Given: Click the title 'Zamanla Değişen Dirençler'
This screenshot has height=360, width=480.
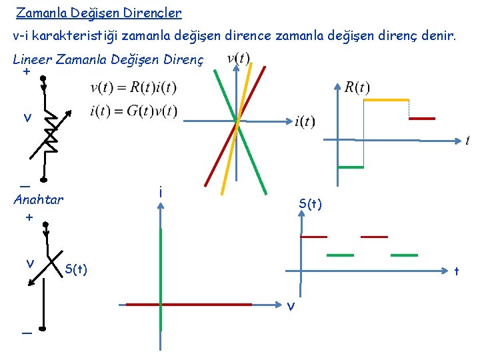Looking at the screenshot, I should (x=99, y=13).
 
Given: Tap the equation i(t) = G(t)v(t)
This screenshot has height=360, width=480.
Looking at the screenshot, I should (x=133, y=111).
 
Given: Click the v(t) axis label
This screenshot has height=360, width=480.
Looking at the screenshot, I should (x=238, y=59).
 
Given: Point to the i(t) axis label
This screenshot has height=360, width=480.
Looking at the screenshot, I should (x=304, y=121).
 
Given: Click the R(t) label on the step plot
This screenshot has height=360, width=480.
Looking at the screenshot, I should (x=357, y=87).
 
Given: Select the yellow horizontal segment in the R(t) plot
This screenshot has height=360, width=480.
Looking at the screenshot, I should (x=385, y=100).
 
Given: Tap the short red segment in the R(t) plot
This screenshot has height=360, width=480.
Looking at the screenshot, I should (x=421, y=119).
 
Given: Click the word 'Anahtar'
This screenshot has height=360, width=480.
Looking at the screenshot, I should (x=39, y=199).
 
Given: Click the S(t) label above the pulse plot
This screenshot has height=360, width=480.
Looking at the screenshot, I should (x=311, y=204).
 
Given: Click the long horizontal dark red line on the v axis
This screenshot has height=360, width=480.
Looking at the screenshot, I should (x=189, y=304).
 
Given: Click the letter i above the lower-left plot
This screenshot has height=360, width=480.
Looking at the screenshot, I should (x=161, y=192).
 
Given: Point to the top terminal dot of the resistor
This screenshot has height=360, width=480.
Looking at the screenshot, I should (x=43, y=78).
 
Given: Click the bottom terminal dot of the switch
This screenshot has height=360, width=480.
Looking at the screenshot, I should (x=43, y=329).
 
